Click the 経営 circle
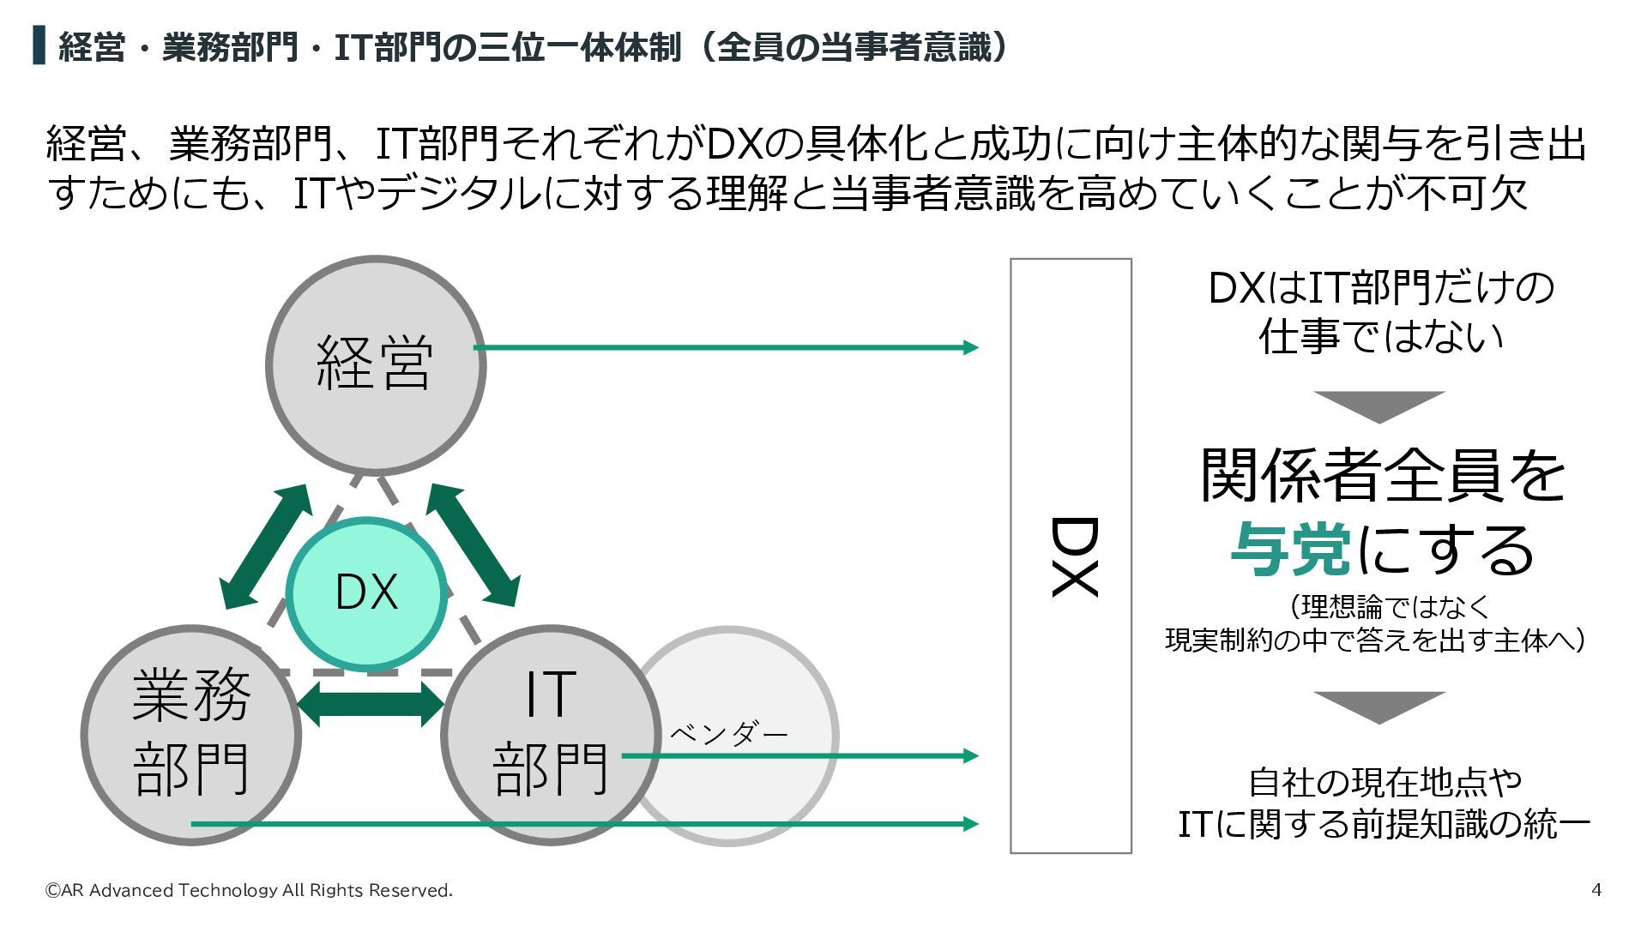(375, 364)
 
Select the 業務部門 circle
(190, 735)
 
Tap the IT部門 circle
(550, 735)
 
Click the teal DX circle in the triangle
(366, 592)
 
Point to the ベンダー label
(728, 734)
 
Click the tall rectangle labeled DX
(1071, 556)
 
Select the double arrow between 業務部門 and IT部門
(371, 704)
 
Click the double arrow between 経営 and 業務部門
(264, 547)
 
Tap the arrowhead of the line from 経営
(970, 347)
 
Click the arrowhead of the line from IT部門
(970, 755)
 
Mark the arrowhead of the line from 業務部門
(970, 824)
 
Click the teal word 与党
(1291, 550)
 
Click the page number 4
(1596, 890)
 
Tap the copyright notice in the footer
(249, 891)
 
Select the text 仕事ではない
(1381, 337)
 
